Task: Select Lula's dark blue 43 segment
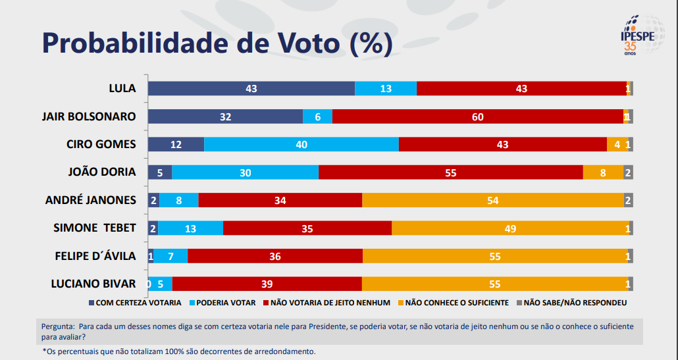point(251,88)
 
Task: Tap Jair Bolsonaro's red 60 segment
point(478,116)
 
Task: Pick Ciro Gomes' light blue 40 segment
point(301,144)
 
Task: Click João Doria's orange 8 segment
point(603,172)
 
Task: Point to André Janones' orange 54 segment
point(492,200)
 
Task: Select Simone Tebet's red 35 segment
point(307,228)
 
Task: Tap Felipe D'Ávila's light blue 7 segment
point(170,256)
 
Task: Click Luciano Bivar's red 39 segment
point(267,284)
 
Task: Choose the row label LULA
point(122,88)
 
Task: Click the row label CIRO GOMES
point(101,144)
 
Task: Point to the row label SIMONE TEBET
point(95,228)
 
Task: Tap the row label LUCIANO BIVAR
point(93,284)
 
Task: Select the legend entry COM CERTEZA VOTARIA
point(134,303)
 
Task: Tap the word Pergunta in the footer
point(57,326)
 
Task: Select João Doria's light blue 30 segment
point(245,172)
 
